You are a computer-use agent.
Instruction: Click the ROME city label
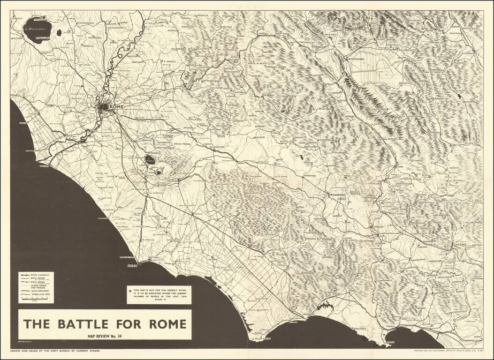[x=116, y=107]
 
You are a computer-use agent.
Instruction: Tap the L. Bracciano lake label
[x=37, y=29]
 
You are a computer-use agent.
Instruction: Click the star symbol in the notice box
[x=130, y=291]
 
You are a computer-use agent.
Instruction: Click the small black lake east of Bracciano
[x=59, y=33]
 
